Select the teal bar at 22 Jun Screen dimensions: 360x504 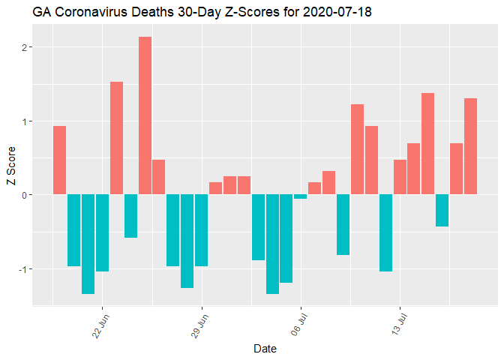(x=102, y=232)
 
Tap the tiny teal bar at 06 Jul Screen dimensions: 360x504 (x=301, y=196)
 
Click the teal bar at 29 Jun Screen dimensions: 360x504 (x=201, y=230)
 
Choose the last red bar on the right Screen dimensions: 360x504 (x=470, y=146)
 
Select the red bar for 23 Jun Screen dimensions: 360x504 (x=116, y=138)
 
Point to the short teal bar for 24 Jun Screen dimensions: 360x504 (x=130, y=216)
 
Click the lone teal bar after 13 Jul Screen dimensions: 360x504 (x=442, y=210)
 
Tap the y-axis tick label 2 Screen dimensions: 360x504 (x=25, y=47)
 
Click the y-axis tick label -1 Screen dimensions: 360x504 (x=23, y=268)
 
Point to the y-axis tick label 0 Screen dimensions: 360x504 (x=25, y=195)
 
